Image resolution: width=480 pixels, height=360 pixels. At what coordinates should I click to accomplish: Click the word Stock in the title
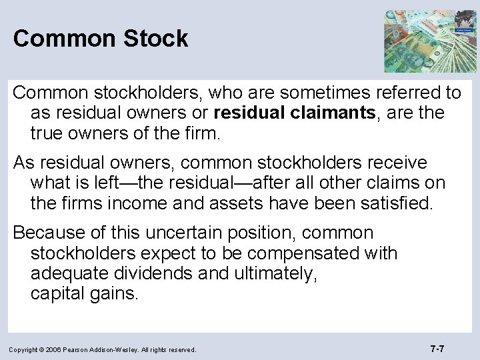(x=153, y=38)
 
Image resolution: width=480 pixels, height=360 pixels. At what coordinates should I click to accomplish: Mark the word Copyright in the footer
(x=27, y=349)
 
